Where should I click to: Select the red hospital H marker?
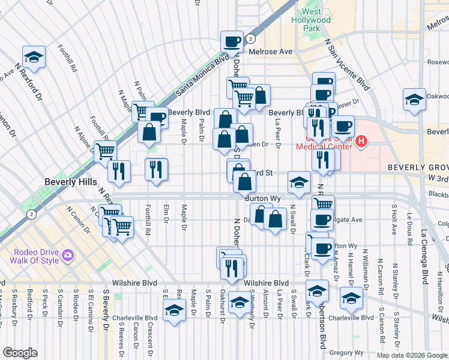tap(361, 142)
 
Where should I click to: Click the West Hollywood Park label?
tap(317, 20)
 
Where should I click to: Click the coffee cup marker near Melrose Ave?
tap(232, 42)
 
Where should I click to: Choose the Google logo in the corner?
tap(20, 353)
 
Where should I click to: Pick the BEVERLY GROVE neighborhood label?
tap(418, 167)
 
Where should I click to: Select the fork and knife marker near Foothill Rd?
tap(156, 170)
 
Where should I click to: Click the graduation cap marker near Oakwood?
tap(415, 101)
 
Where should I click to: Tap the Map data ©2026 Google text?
tap(412, 355)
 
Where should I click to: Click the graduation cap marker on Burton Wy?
tap(298, 184)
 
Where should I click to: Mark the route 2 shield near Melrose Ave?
tap(249, 38)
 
